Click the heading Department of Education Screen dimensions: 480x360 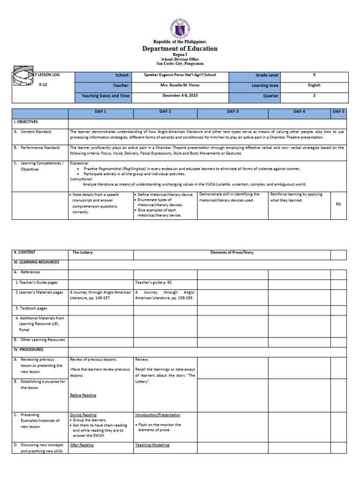click(180, 49)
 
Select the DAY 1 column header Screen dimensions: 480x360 click(101, 112)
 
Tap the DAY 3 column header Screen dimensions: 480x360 click(233, 112)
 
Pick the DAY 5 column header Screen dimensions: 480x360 click(338, 112)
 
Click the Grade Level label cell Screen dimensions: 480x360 click(267, 75)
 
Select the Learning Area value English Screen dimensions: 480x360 click(314, 85)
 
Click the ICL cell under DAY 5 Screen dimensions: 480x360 click(338, 204)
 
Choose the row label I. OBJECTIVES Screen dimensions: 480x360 click(25, 122)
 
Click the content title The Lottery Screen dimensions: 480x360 click(82, 252)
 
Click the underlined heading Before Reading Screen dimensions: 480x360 click(83, 395)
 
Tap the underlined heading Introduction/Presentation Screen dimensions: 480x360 click(157, 415)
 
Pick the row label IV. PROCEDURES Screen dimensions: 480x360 click(28, 349)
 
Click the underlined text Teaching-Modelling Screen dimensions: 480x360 click(152, 445)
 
